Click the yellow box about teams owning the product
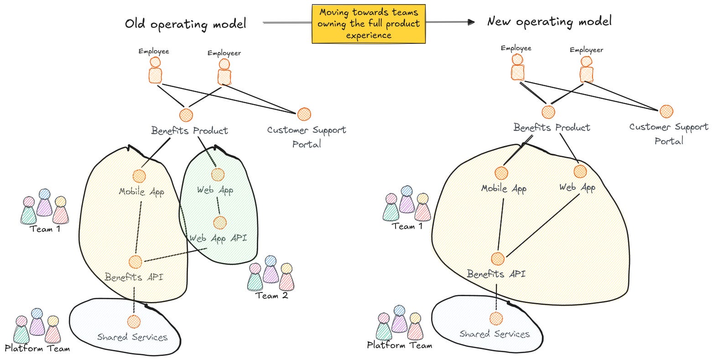click(x=368, y=24)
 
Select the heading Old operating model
click(x=186, y=24)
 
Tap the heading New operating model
click(x=549, y=21)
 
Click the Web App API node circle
click(x=219, y=223)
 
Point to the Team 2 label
click(x=271, y=295)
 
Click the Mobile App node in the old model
click(x=139, y=176)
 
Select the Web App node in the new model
click(x=580, y=172)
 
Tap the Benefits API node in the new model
click(x=498, y=259)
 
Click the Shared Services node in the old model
click(x=134, y=321)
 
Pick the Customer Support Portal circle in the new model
click(x=666, y=111)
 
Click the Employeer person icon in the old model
click(x=224, y=72)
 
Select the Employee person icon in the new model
click(x=517, y=68)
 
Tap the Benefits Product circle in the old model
click(x=186, y=115)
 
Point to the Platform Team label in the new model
click(x=399, y=345)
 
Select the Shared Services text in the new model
click(x=494, y=334)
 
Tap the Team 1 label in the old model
click(x=45, y=229)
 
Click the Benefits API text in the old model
click(x=134, y=277)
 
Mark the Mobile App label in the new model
click(x=504, y=188)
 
